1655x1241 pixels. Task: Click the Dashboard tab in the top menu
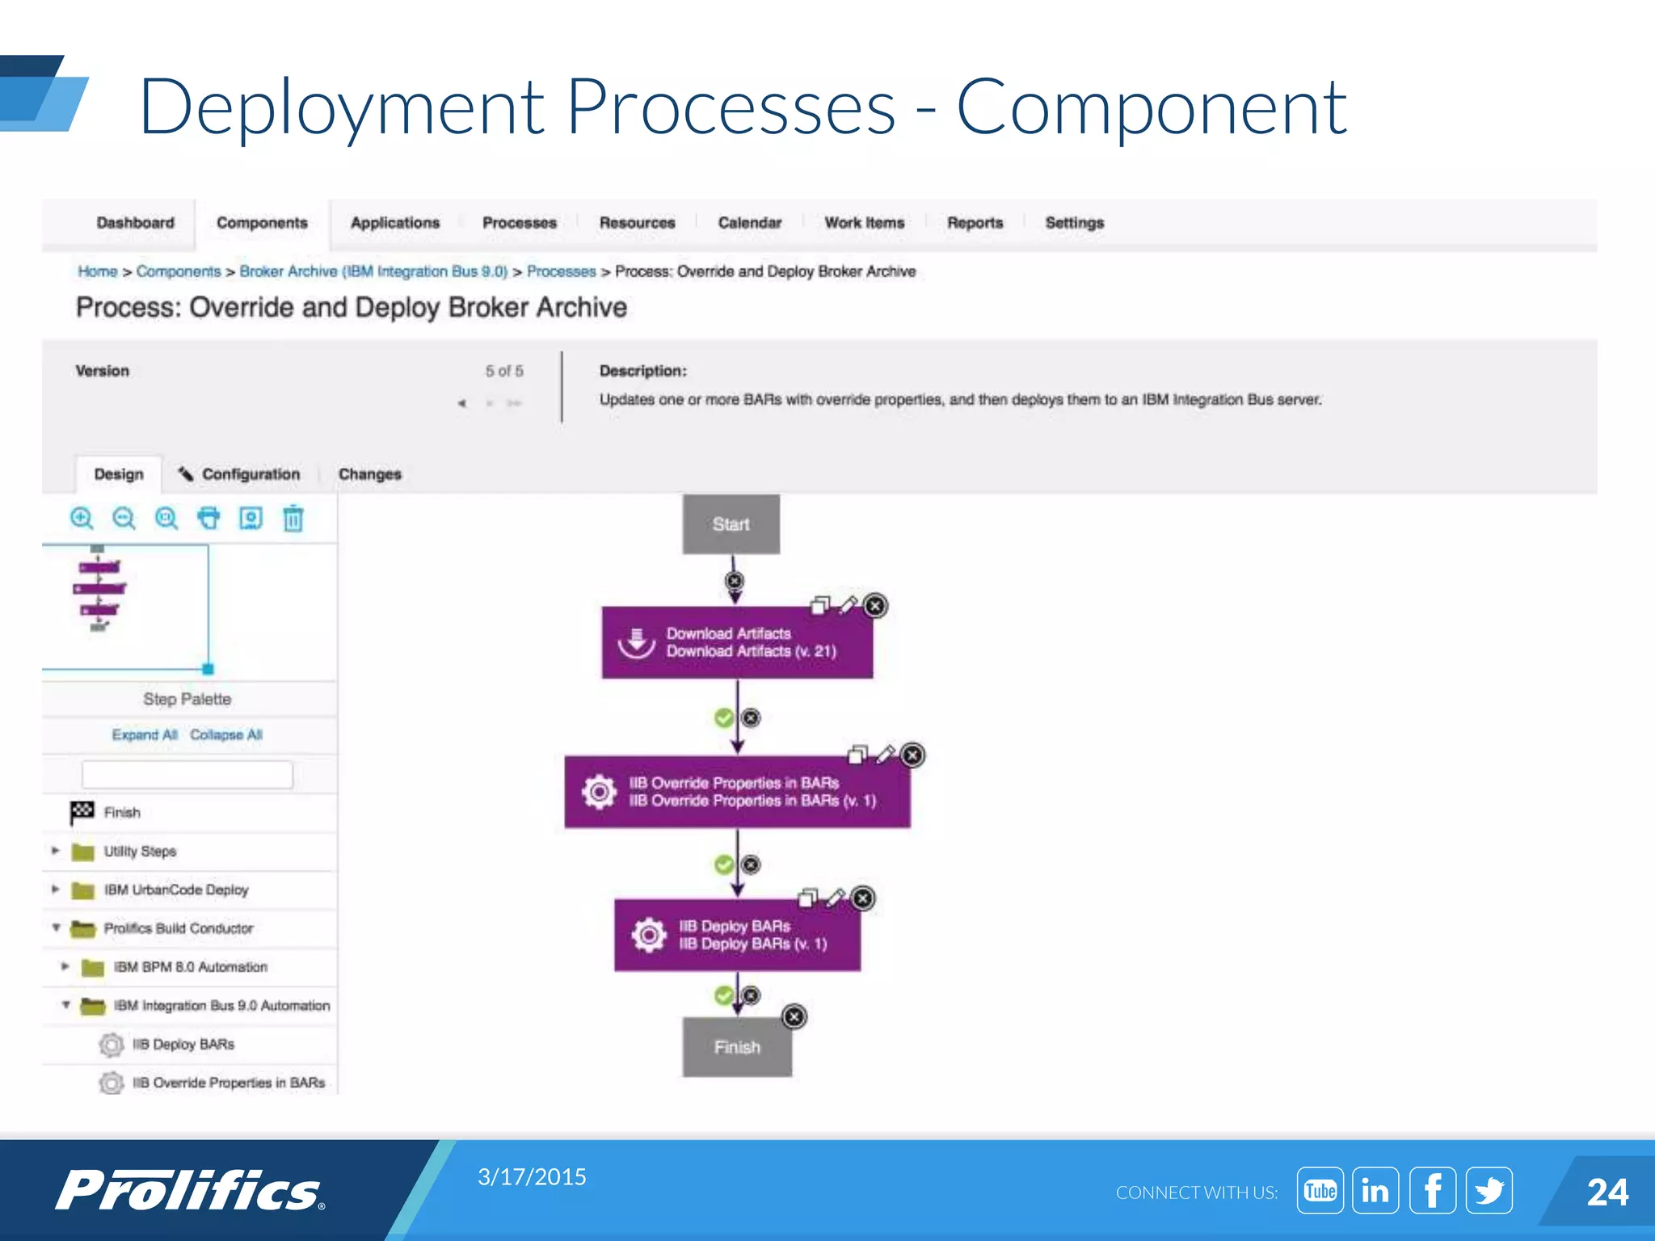point(135,223)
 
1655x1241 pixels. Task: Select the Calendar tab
point(749,223)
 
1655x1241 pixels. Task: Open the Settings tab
point(1074,223)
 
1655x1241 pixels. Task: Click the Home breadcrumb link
point(97,271)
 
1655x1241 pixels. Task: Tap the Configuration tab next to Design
point(250,474)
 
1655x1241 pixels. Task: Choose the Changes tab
point(369,474)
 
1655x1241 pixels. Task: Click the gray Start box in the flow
point(731,524)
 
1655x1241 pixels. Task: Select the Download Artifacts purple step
point(736,642)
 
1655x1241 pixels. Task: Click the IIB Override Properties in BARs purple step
point(736,792)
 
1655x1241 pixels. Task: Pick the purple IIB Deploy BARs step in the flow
point(736,935)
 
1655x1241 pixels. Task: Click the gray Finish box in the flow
point(736,1047)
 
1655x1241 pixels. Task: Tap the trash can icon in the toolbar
point(293,518)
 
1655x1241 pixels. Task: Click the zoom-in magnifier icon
point(82,518)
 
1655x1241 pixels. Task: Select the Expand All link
point(144,734)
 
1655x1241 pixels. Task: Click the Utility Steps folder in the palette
point(139,852)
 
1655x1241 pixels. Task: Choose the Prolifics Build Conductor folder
point(178,928)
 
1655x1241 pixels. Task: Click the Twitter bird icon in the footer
point(1489,1190)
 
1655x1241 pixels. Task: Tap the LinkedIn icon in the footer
point(1375,1190)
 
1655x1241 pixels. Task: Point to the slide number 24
point(1607,1193)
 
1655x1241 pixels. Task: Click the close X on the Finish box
point(794,1016)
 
